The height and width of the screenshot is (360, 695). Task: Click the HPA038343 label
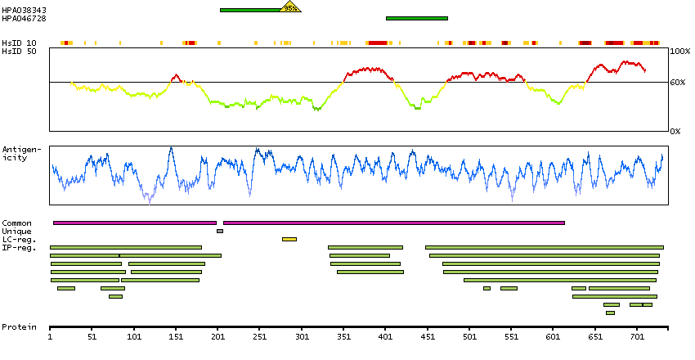[24, 10]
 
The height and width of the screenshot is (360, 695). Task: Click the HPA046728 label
[24, 17]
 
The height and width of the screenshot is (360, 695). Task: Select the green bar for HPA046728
[416, 17]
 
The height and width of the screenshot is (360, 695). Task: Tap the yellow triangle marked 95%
[290, 7]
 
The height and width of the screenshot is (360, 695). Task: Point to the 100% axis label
[679, 51]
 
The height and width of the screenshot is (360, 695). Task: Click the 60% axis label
[679, 83]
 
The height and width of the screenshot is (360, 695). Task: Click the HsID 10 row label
[19, 43]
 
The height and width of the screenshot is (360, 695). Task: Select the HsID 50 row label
[19, 51]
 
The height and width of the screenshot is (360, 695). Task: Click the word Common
[16, 223]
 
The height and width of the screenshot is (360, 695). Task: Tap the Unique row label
[16, 231]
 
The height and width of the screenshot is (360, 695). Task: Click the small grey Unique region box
[219, 231]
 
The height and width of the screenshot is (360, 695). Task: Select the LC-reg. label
[18, 239]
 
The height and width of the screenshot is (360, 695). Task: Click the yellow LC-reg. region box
[289, 239]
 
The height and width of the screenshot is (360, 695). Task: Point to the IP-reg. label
[18, 247]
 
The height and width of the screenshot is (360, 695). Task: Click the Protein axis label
[19, 327]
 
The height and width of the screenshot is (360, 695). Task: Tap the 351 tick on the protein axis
[343, 335]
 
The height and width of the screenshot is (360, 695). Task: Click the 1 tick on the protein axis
[51, 335]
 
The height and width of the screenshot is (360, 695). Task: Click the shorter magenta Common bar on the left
[135, 223]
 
